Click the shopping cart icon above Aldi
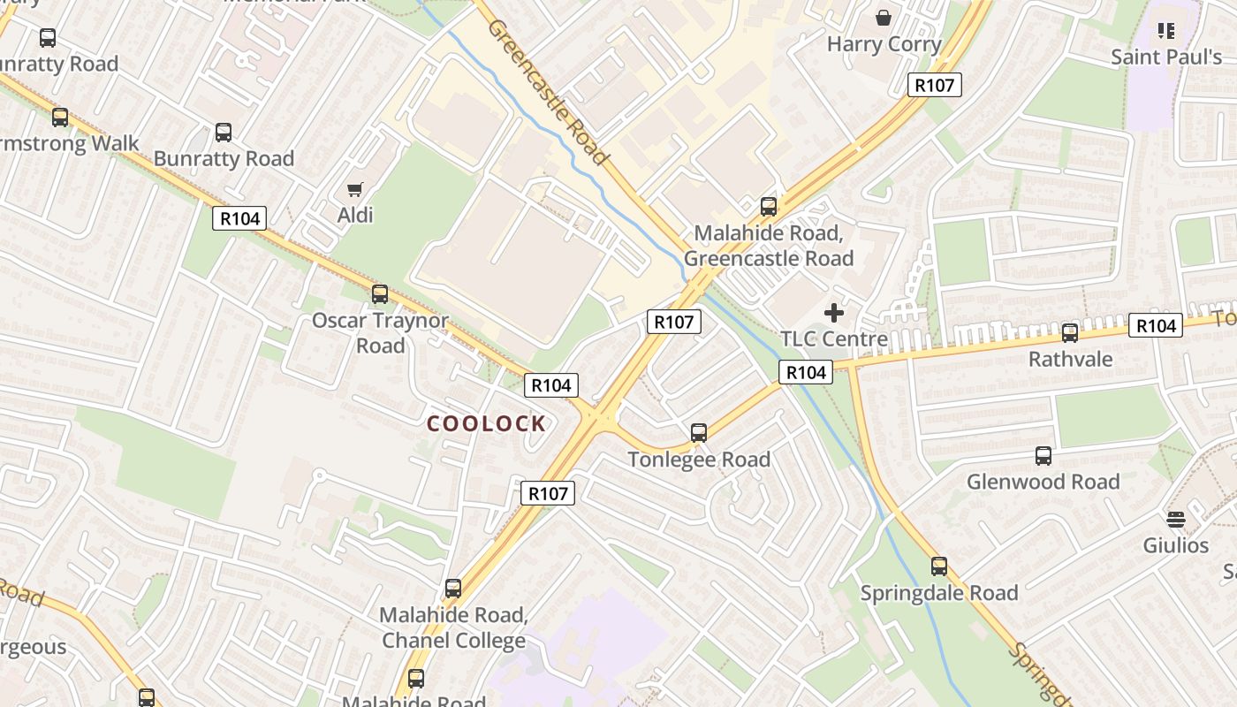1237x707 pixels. click(355, 188)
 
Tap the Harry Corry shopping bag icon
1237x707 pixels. click(883, 17)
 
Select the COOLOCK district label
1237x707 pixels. click(487, 424)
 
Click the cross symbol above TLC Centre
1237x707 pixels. click(834, 312)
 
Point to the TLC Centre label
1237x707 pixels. click(834, 338)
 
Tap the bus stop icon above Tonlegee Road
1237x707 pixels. click(699, 433)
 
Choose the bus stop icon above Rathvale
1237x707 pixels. click(1070, 333)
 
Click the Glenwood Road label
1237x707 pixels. click(1043, 482)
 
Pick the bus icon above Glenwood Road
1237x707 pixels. click(1043, 456)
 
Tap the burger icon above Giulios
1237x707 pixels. click(1175, 519)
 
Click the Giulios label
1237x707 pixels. click(1175, 544)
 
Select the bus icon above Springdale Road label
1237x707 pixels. click(939, 566)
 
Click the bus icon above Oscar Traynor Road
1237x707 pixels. click(380, 294)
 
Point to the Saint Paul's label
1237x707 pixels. click(1166, 57)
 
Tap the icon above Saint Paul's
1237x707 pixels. click(1166, 31)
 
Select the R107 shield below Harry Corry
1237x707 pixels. click(934, 85)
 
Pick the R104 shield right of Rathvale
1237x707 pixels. click(1155, 326)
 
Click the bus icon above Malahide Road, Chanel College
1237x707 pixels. click(453, 588)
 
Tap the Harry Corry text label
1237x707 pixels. click(884, 43)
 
